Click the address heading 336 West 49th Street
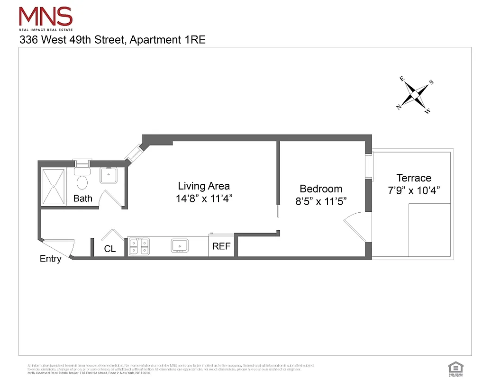click(112, 40)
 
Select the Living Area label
click(204, 186)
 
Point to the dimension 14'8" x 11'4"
click(204, 199)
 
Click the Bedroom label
click(321, 189)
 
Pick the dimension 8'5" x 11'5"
click(321, 201)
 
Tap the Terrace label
click(414, 178)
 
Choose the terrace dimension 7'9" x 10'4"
click(414, 190)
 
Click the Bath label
click(82, 199)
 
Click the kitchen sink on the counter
click(180, 245)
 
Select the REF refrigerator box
click(221, 246)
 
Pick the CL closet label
click(109, 249)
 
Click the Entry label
click(50, 259)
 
